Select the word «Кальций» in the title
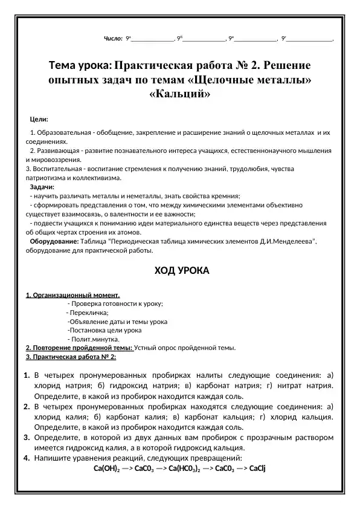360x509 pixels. [x=179, y=94]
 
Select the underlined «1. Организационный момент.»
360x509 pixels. [x=73, y=295]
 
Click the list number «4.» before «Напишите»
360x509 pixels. [x=27, y=458]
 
